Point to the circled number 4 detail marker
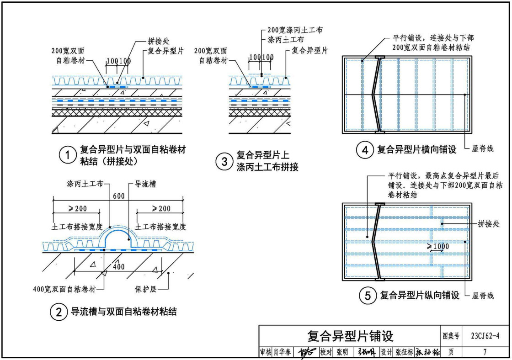(364, 150)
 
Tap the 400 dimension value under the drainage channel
(118, 267)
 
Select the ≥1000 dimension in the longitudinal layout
(438, 247)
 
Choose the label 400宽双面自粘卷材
(65, 289)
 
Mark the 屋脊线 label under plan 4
(482, 149)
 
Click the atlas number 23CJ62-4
(485, 337)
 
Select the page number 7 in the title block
(485, 352)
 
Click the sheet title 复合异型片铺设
(350, 337)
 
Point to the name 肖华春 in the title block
(283, 352)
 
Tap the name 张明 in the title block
(342, 352)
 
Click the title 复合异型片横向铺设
(416, 150)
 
